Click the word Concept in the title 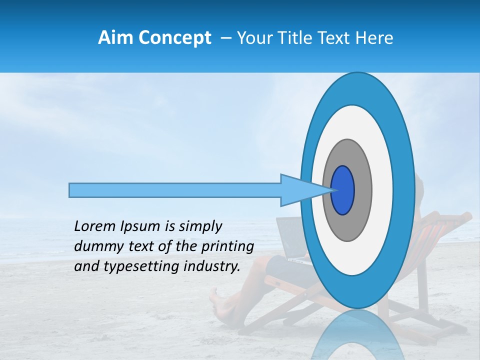174,38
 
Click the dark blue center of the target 342,190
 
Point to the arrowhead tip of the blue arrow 333,190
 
